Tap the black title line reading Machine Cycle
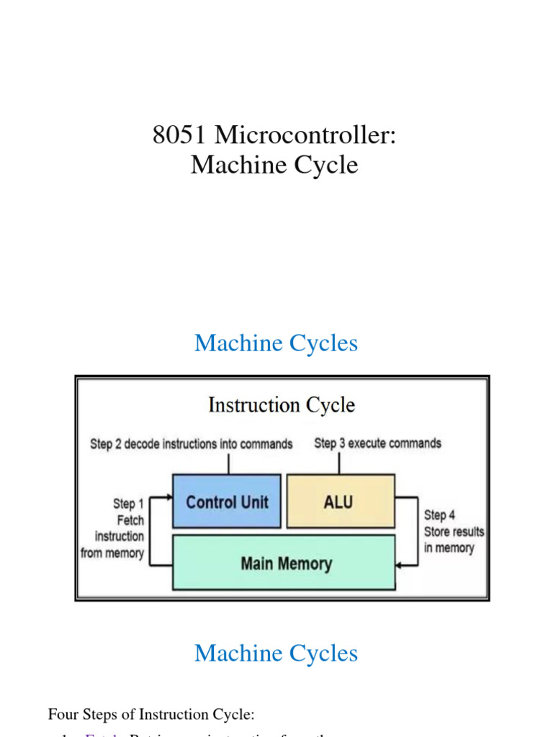[x=274, y=165]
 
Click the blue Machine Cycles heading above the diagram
[x=276, y=343]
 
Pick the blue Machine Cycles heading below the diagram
[x=276, y=653]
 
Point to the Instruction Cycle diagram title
[x=282, y=405]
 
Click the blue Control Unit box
[x=227, y=501]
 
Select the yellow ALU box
[x=340, y=501]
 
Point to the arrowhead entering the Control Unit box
[x=168, y=497]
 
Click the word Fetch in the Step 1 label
[x=130, y=520]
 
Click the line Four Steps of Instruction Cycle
[x=150, y=715]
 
